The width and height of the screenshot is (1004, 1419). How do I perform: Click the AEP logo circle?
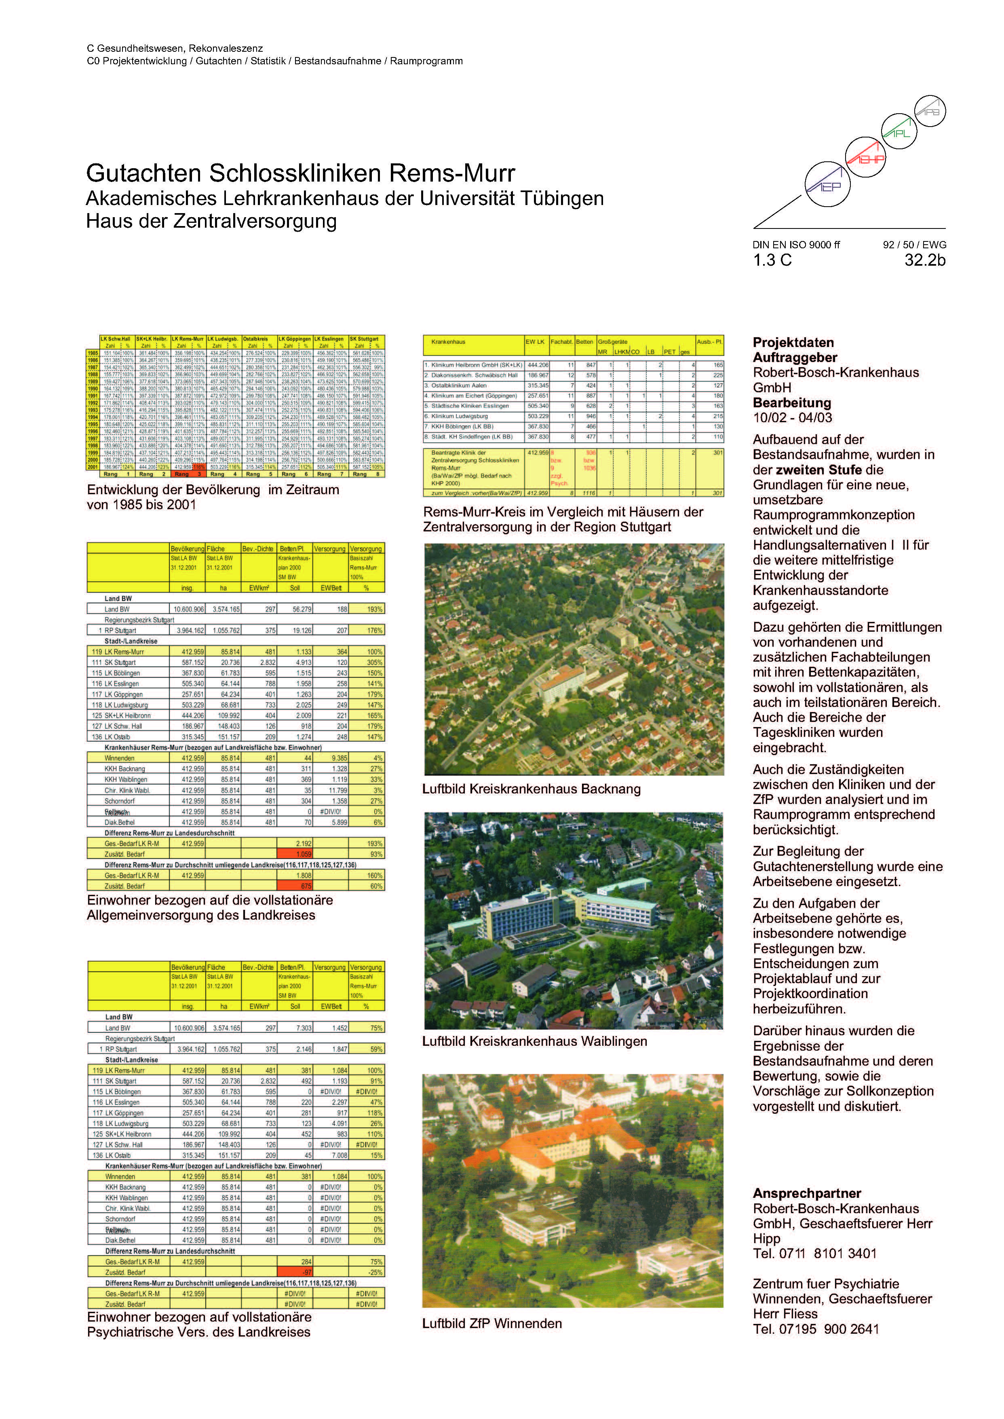coord(827,184)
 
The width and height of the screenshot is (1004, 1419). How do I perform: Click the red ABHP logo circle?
coord(865,157)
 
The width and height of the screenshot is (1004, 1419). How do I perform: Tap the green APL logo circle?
coord(899,131)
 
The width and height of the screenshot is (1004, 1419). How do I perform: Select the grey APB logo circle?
coord(929,111)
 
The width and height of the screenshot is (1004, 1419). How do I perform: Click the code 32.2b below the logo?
coord(924,260)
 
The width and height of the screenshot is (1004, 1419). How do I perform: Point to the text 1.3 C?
coord(772,260)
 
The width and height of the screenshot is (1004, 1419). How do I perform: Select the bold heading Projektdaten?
coord(793,343)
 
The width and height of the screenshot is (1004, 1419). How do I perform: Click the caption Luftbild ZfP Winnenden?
coord(492,1324)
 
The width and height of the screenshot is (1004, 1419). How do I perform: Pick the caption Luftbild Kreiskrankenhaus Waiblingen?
coord(534,1042)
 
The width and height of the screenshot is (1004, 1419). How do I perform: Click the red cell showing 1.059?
coord(295,854)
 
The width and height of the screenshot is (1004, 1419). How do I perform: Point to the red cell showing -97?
coord(295,1272)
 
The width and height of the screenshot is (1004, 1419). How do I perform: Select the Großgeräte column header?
coord(612,341)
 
